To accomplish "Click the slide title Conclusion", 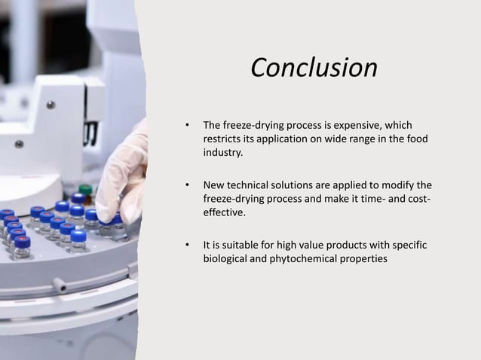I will point(314,69).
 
